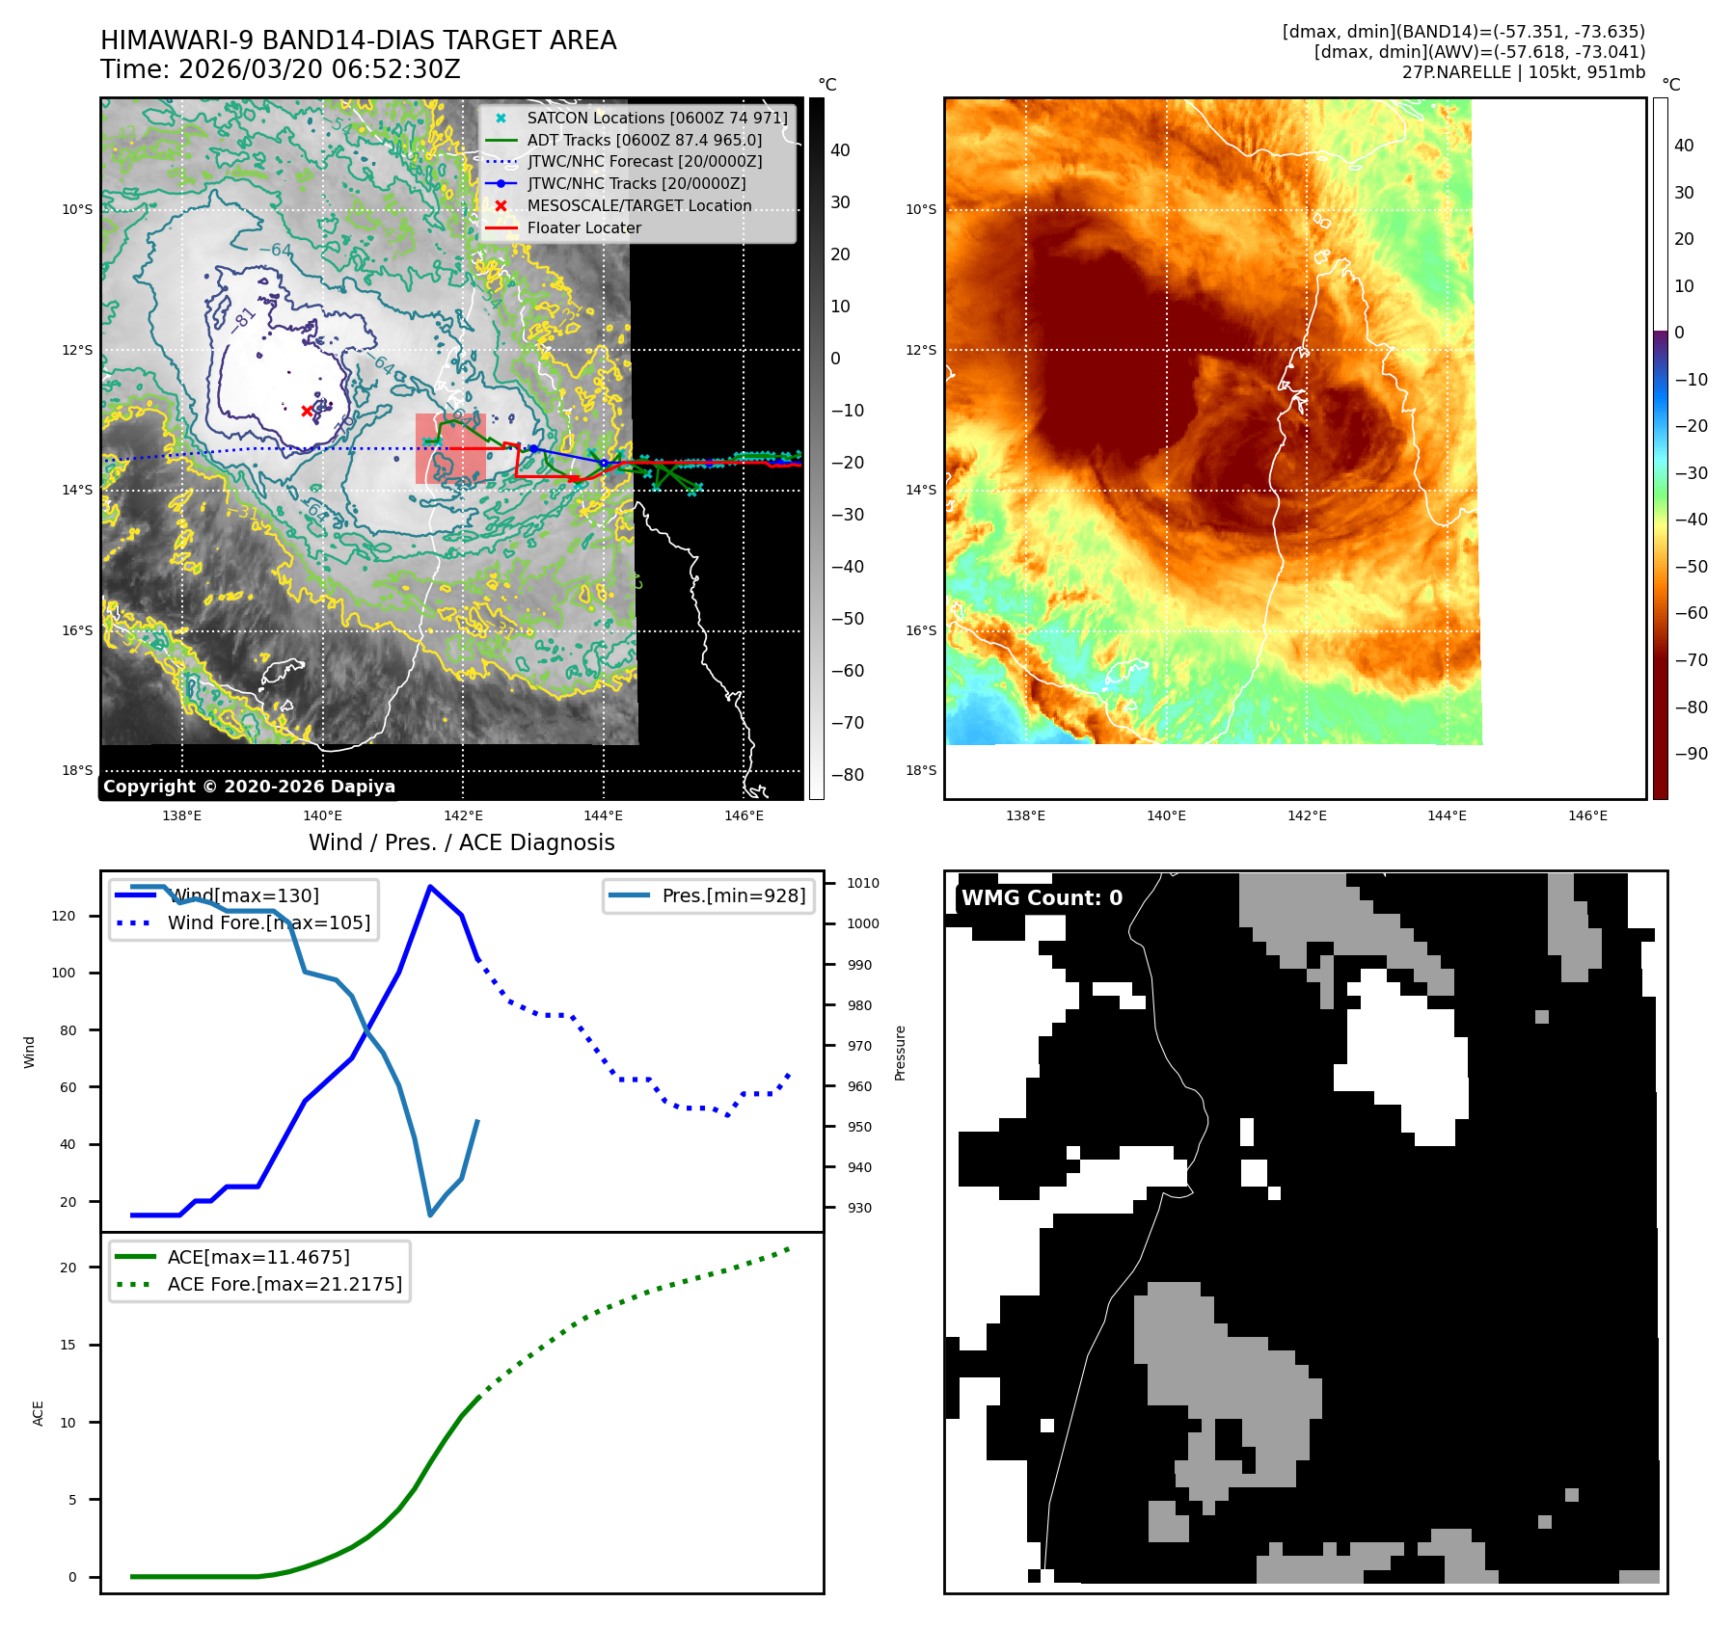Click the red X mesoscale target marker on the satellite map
click(308, 411)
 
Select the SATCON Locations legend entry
click(657, 118)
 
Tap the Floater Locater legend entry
click(583, 227)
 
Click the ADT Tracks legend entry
click(643, 140)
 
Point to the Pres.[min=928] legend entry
click(733, 895)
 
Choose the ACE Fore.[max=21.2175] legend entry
click(284, 1284)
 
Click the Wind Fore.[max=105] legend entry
click(268, 922)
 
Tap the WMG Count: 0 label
click(1042, 897)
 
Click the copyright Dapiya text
click(249, 787)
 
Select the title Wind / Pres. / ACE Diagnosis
click(461, 842)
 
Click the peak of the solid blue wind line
click(430, 887)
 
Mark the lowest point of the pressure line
click(430, 1215)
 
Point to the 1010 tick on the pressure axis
click(862, 883)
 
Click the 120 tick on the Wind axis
click(64, 916)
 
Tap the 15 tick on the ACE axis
click(68, 1345)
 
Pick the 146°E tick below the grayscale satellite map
click(744, 815)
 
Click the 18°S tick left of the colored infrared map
click(920, 770)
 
